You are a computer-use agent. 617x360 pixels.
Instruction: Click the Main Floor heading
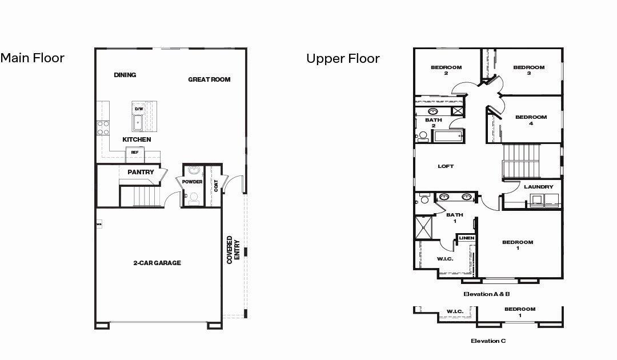[x=33, y=58]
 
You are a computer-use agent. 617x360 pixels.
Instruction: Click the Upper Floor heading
[x=343, y=58]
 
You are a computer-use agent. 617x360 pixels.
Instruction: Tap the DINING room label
[x=125, y=75]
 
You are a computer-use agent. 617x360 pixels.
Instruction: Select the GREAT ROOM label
[x=209, y=79]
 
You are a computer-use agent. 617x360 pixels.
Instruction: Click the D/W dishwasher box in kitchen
[x=138, y=109]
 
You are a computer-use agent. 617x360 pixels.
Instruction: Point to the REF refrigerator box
[x=135, y=153]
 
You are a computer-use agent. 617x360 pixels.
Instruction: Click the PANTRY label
[x=140, y=172]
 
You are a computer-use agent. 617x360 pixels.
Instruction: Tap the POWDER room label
[x=193, y=182]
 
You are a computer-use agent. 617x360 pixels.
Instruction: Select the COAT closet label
[x=216, y=186]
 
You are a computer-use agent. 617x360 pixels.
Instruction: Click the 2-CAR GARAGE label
[x=157, y=263]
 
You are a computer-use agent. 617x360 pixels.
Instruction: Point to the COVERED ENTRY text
[x=233, y=250]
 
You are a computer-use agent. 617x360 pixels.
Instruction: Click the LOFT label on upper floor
[x=446, y=166]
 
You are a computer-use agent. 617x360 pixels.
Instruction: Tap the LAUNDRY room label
[x=538, y=187]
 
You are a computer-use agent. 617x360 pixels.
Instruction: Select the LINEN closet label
[x=466, y=238]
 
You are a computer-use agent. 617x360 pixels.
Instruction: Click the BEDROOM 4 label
[x=531, y=120]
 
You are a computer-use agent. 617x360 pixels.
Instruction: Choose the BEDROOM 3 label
[x=528, y=70]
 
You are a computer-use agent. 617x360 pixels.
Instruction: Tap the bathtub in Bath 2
[x=448, y=137]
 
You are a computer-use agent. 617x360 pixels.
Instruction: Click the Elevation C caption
[x=488, y=341]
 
